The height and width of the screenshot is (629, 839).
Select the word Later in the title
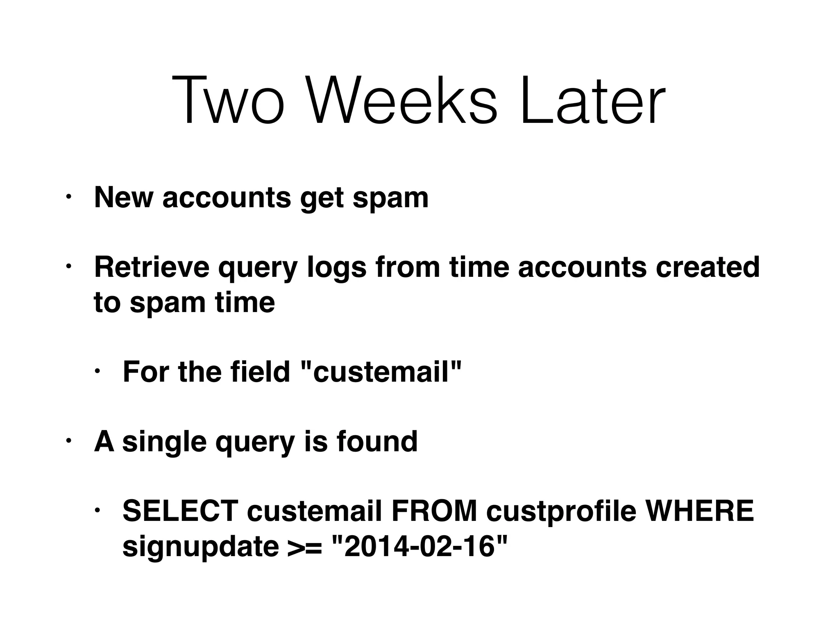(x=592, y=100)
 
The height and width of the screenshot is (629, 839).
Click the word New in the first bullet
(x=123, y=198)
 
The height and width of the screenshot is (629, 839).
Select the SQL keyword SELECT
(x=180, y=511)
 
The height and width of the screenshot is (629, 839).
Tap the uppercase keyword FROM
(x=434, y=511)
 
